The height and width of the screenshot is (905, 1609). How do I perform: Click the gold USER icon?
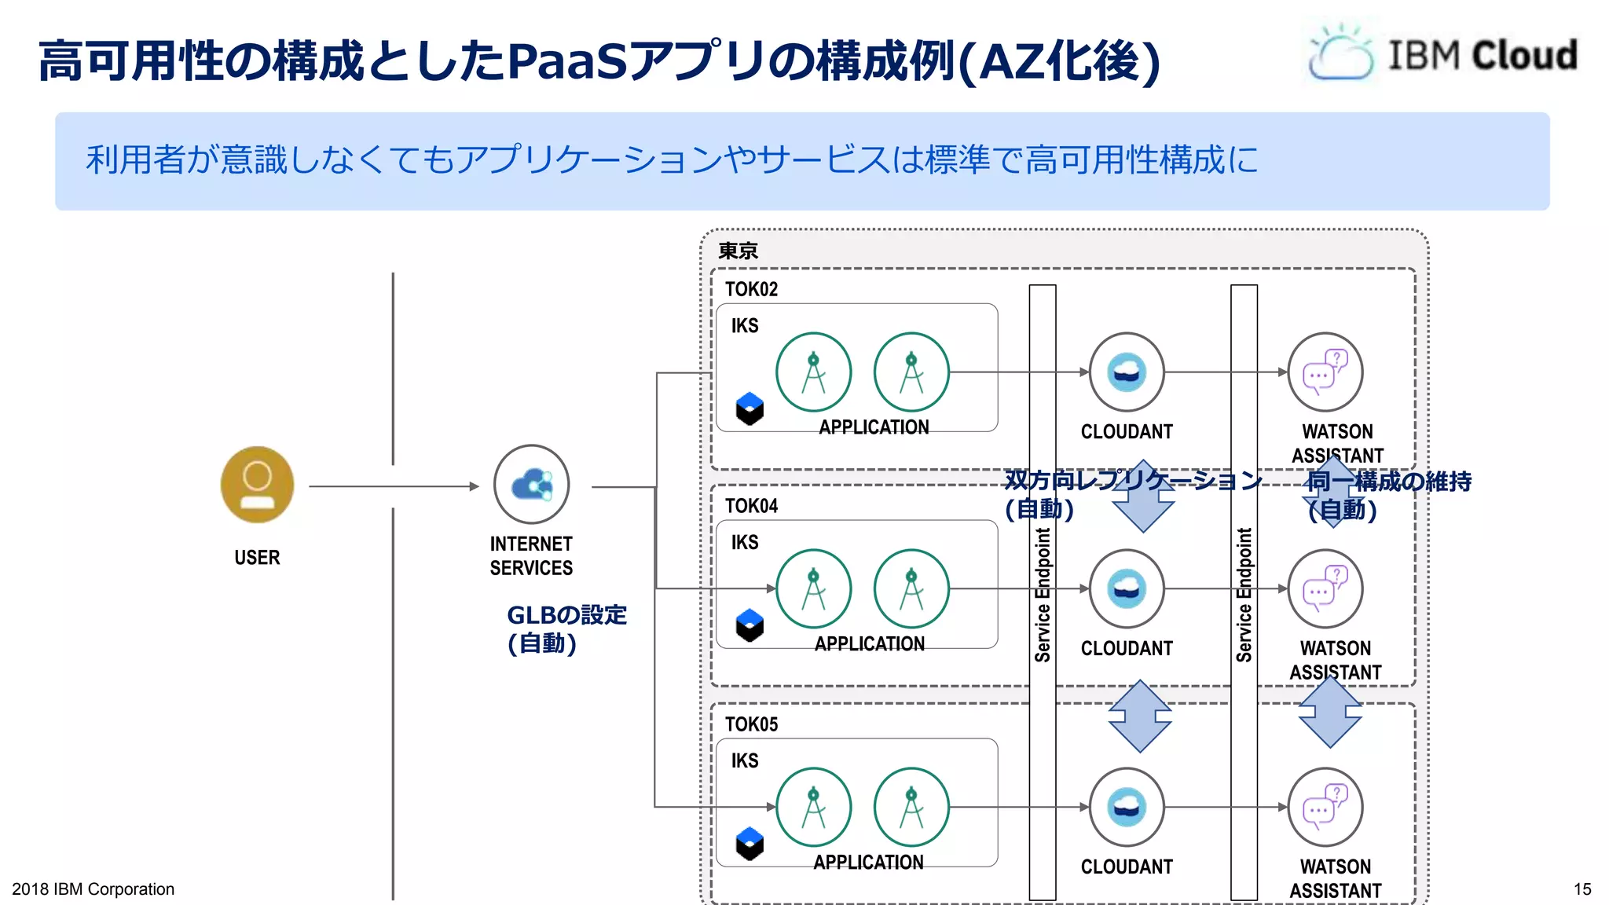click(257, 485)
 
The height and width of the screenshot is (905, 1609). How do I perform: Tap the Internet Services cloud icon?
click(531, 485)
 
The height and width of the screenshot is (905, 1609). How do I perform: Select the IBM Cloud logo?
click(1442, 54)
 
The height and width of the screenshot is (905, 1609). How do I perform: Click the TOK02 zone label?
click(751, 289)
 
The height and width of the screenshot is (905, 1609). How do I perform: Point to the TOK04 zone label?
click(751, 506)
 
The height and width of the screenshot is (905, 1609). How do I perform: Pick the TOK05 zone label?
click(751, 724)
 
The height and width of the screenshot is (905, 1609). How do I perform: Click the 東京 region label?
click(738, 251)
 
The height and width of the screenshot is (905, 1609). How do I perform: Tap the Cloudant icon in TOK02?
click(1126, 372)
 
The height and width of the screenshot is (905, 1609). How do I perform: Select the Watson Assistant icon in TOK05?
click(1325, 808)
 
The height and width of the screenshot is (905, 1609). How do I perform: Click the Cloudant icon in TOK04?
click(1126, 589)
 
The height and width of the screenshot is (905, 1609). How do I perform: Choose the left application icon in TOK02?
click(813, 372)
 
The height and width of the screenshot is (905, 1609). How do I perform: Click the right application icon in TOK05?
click(911, 808)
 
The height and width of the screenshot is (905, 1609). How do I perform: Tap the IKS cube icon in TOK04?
click(750, 626)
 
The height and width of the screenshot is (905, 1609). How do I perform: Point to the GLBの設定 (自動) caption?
click(566, 628)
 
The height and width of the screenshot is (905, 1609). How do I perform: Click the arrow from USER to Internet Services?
click(393, 486)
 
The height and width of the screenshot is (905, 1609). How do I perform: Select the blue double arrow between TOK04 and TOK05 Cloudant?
click(1140, 716)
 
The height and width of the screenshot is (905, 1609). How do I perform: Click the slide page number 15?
click(1582, 889)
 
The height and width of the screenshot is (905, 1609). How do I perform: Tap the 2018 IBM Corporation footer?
click(93, 889)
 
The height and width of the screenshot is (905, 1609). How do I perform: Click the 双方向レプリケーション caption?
click(1132, 481)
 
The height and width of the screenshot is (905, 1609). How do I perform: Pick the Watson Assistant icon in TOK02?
click(1325, 372)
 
